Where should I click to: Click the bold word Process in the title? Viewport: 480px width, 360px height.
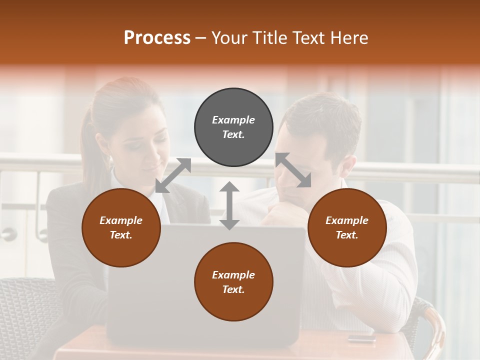(157, 38)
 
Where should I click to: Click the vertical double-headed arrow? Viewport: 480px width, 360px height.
(229, 205)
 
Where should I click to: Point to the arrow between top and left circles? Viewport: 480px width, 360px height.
(173, 175)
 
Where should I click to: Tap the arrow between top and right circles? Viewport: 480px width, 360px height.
(293, 170)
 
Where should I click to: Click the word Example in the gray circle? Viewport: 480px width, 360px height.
(233, 120)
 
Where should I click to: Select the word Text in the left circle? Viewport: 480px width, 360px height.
(121, 235)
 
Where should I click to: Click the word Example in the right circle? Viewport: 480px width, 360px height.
(347, 220)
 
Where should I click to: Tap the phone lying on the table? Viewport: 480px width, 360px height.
(361, 338)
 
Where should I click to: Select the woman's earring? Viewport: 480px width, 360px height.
(110, 161)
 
